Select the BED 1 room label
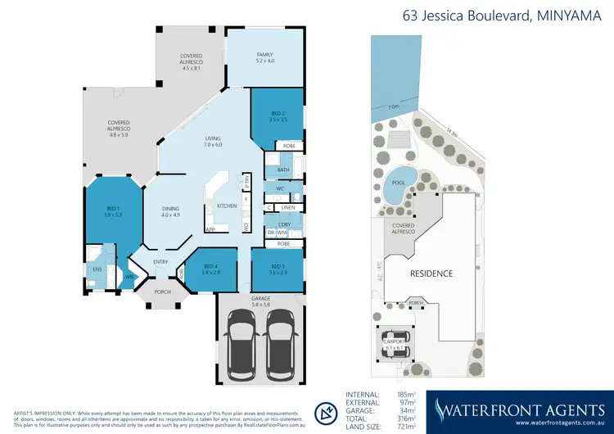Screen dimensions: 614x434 (113, 209)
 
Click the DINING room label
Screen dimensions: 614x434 (170, 210)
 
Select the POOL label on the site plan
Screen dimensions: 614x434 (399, 183)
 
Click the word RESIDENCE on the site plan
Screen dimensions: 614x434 (431, 273)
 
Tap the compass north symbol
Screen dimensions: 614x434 (326, 411)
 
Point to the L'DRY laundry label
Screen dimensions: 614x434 (284, 224)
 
